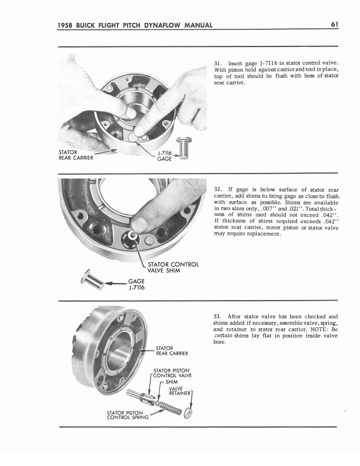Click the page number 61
click(x=335, y=24)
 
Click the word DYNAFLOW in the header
click(x=163, y=25)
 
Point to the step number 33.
click(x=217, y=317)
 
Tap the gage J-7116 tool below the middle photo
click(x=93, y=279)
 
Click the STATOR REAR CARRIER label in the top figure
click(x=76, y=155)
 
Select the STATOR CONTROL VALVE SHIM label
click(x=173, y=268)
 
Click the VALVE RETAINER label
click(x=179, y=391)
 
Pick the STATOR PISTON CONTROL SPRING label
click(x=128, y=415)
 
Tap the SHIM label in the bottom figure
click(x=172, y=382)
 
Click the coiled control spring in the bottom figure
click(x=170, y=407)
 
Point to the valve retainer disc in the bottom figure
click(x=188, y=413)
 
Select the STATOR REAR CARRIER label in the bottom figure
click(x=172, y=351)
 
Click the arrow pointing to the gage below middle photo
click(x=116, y=284)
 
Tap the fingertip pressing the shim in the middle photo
click(x=139, y=225)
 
